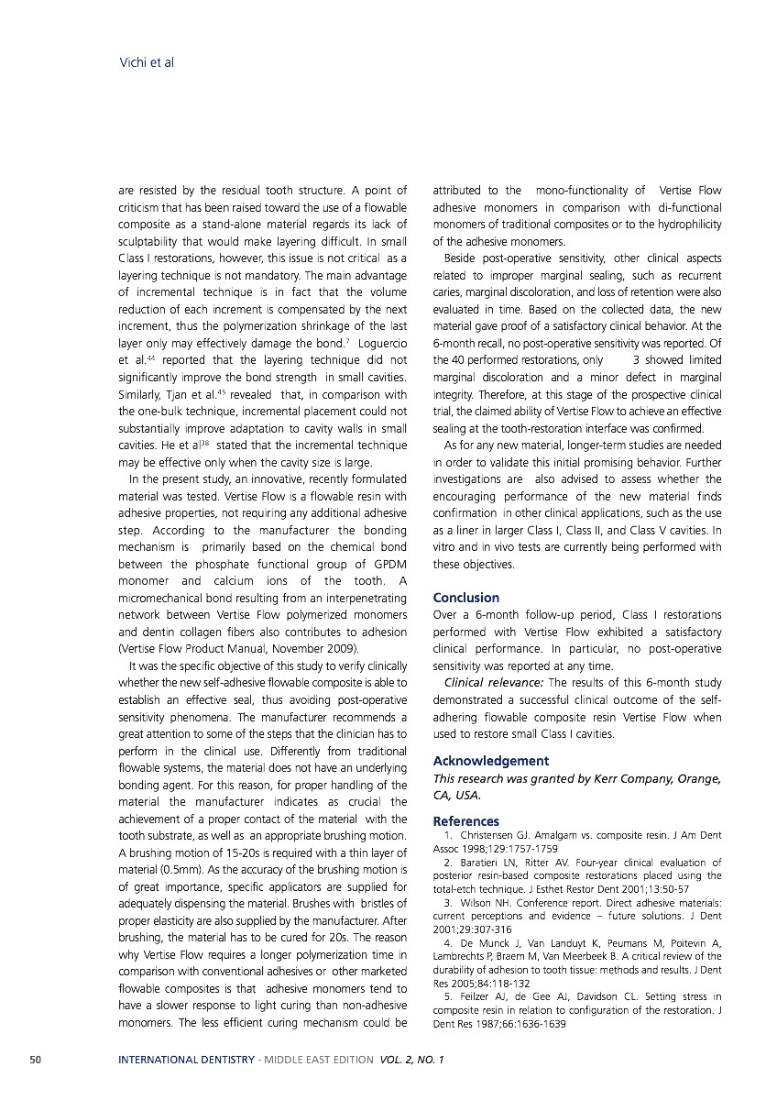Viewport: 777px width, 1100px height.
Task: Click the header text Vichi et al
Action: [147, 63]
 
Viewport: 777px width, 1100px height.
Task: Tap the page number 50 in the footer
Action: [35, 1060]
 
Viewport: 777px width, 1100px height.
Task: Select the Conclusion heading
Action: [465, 598]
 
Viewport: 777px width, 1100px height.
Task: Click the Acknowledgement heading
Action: [490, 761]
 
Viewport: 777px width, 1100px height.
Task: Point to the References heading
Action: [465, 821]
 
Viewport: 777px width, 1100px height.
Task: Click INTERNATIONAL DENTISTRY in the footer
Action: [186, 1060]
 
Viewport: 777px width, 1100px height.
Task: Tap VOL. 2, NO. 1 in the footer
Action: [411, 1060]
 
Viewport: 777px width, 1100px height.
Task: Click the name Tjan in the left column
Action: [181, 395]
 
